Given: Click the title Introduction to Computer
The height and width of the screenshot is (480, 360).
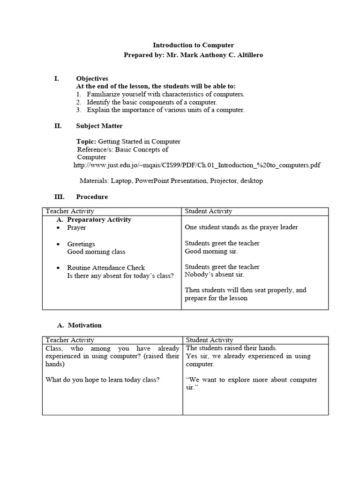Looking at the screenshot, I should [x=193, y=45].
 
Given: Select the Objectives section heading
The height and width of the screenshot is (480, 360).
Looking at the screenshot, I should [x=92, y=78].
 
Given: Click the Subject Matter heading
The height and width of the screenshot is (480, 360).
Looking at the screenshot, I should [x=99, y=126].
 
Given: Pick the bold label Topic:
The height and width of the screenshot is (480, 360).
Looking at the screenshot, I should [x=86, y=141].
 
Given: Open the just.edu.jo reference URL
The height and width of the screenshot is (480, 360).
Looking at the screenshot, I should [x=197, y=165].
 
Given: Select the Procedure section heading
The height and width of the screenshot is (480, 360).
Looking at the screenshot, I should [x=92, y=197].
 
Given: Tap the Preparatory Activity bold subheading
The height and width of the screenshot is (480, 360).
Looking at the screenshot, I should [x=99, y=219].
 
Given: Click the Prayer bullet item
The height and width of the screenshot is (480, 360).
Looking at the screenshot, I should [x=76, y=227].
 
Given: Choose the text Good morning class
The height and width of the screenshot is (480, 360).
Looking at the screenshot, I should [x=96, y=252].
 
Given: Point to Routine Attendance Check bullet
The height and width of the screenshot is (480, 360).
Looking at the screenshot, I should [x=106, y=268].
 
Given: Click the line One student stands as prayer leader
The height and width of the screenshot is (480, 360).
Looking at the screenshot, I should [x=241, y=227].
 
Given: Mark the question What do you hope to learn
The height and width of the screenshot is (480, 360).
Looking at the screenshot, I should [x=102, y=380].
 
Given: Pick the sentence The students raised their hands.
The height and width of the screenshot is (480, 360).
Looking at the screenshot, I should [x=232, y=348].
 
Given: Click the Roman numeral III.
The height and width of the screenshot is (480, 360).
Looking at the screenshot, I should [x=59, y=197].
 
